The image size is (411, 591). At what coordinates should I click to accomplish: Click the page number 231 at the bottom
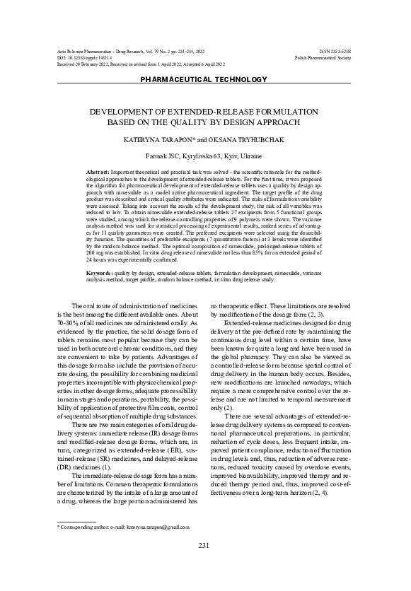point(205,564)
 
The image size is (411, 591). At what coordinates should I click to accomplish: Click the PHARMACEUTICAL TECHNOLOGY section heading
point(205,81)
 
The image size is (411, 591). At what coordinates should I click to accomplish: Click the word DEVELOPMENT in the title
point(128,112)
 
